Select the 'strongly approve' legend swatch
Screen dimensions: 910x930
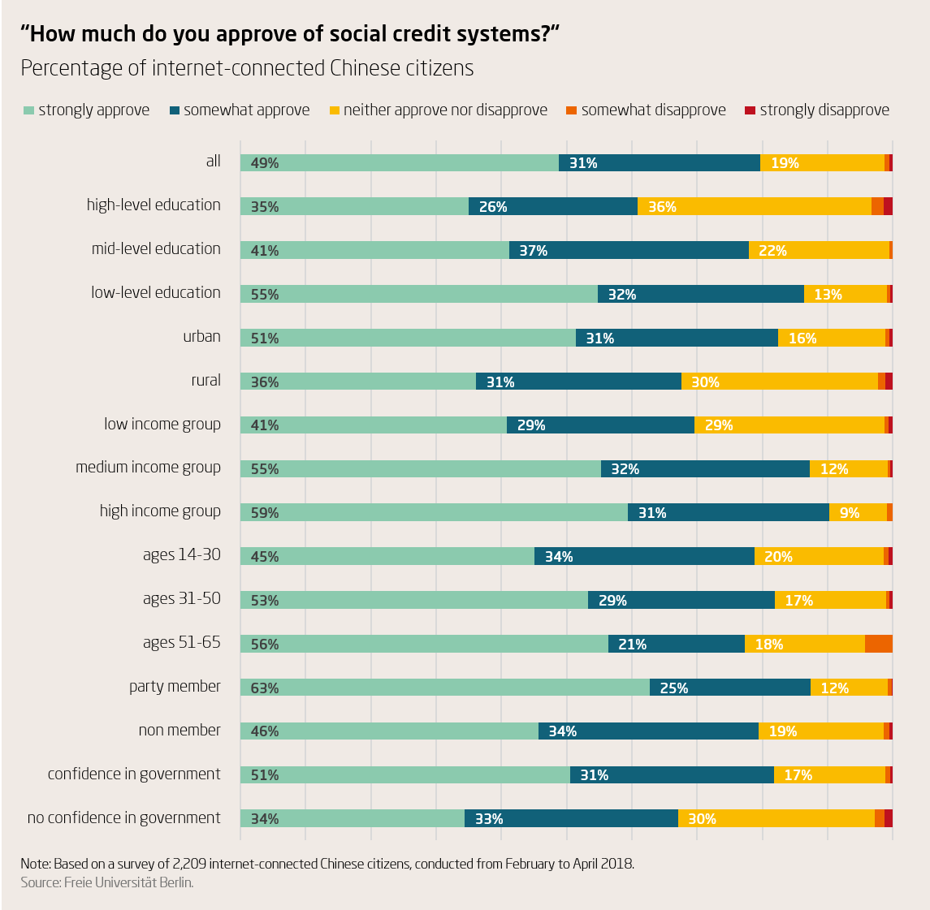(x=28, y=110)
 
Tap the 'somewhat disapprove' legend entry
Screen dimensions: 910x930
(x=653, y=110)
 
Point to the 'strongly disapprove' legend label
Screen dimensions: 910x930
(x=824, y=110)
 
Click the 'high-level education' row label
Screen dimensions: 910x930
(x=154, y=205)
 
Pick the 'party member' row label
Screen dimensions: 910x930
(x=175, y=687)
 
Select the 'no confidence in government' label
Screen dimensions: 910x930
(x=123, y=818)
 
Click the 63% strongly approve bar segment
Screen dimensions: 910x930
(x=444, y=688)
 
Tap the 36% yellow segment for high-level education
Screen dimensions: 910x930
(x=754, y=206)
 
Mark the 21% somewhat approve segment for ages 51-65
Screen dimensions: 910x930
(x=676, y=644)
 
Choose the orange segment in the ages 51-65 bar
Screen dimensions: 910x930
(x=878, y=644)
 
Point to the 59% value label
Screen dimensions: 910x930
(x=265, y=513)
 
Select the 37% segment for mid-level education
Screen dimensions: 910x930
(x=628, y=250)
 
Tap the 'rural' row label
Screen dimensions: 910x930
(x=205, y=380)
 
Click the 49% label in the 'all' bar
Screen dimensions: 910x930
(x=265, y=163)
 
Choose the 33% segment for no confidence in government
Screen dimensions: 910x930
(x=570, y=818)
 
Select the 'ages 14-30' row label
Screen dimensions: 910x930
(x=181, y=555)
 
